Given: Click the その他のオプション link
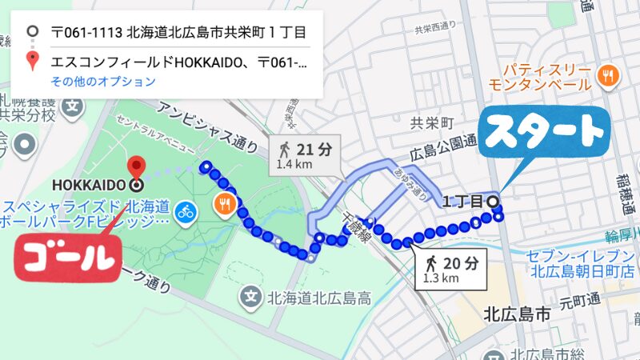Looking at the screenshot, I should click(103, 82).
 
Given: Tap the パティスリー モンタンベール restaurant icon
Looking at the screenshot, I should click(609, 76).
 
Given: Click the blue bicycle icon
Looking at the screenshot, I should click(186, 212).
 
